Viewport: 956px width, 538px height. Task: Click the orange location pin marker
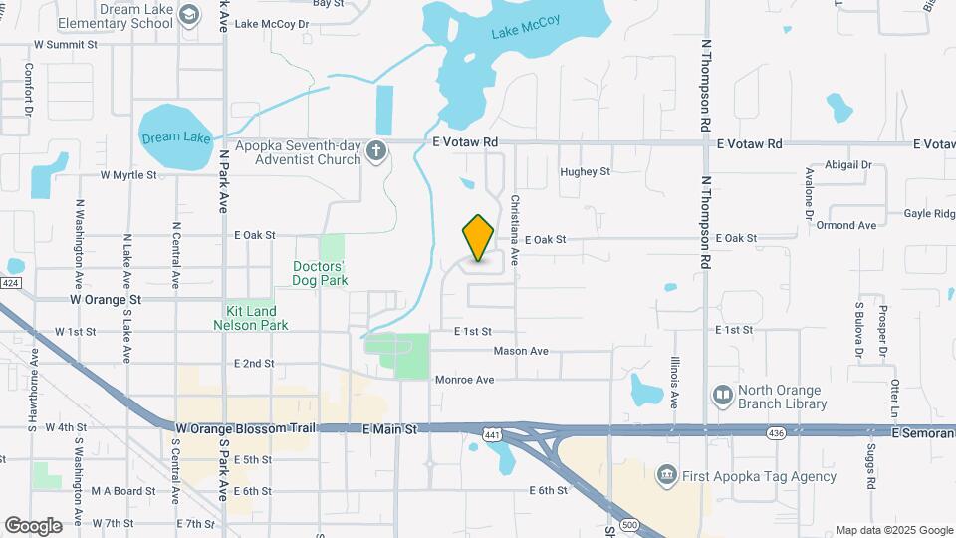pyautogui.click(x=479, y=238)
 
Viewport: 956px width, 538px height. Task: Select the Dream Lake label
pyautogui.click(x=176, y=137)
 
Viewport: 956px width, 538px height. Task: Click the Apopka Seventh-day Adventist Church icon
pyautogui.click(x=375, y=150)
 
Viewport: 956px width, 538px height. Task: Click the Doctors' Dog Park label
pyautogui.click(x=319, y=273)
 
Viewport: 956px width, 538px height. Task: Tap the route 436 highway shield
pyautogui.click(x=776, y=432)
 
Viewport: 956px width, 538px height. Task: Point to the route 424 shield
pyautogui.click(x=10, y=283)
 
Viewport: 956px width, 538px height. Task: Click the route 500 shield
pyautogui.click(x=628, y=524)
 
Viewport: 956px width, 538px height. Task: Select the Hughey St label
pyautogui.click(x=585, y=172)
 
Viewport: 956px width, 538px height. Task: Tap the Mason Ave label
pyautogui.click(x=521, y=351)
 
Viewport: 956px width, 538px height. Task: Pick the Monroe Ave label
pyautogui.click(x=464, y=380)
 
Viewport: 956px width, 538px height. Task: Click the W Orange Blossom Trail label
pyautogui.click(x=244, y=427)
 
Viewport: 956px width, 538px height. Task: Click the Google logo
pyautogui.click(x=33, y=525)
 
